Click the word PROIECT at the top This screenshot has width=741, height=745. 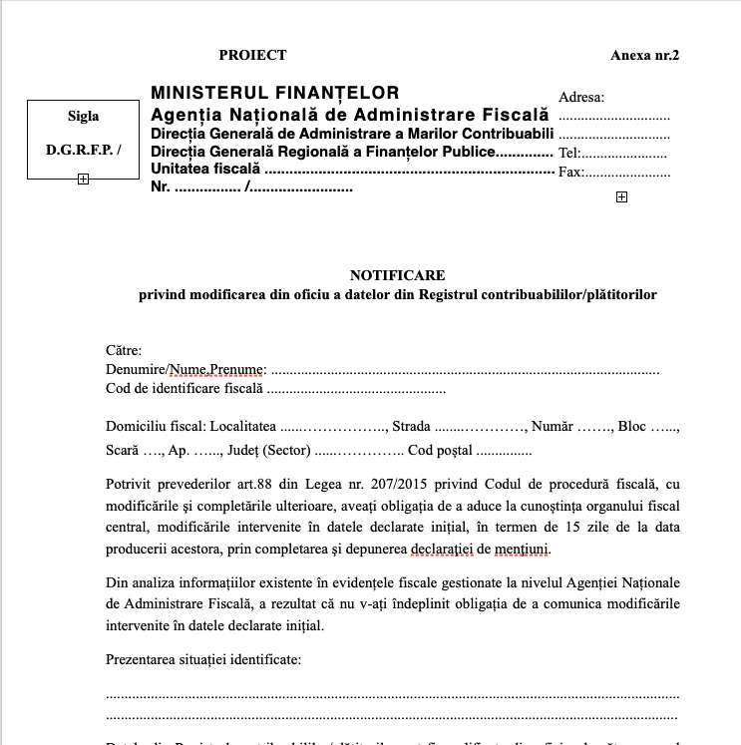[x=252, y=55]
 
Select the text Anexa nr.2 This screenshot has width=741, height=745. [x=644, y=55]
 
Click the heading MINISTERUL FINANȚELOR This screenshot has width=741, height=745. [x=274, y=93]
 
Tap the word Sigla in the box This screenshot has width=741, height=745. [x=83, y=116]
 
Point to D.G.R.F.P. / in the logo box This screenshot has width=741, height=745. [x=84, y=150]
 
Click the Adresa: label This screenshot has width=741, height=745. [x=581, y=97]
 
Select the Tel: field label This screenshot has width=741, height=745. [x=569, y=154]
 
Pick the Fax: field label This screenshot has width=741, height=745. [x=570, y=172]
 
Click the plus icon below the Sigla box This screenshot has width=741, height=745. [x=83, y=180]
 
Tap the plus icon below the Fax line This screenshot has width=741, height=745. [x=621, y=197]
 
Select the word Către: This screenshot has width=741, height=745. [x=124, y=350]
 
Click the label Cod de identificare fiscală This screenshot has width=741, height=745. [x=185, y=388]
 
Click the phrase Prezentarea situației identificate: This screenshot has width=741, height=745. [x=202, y=659]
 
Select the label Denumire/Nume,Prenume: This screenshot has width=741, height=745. [x=185, y=369]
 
